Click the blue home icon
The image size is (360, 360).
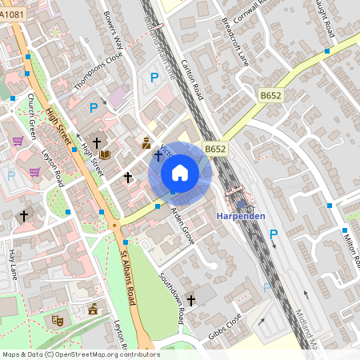[180, 172]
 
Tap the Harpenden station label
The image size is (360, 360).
[240, 217]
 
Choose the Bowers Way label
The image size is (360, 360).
[113, 30]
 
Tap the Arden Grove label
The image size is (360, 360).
[182, 226]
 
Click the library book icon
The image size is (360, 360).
[105, 154]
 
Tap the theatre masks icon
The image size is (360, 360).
[58, 320]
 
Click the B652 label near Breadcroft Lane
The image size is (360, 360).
[270, 95]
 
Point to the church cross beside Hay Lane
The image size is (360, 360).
[24, 216]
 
